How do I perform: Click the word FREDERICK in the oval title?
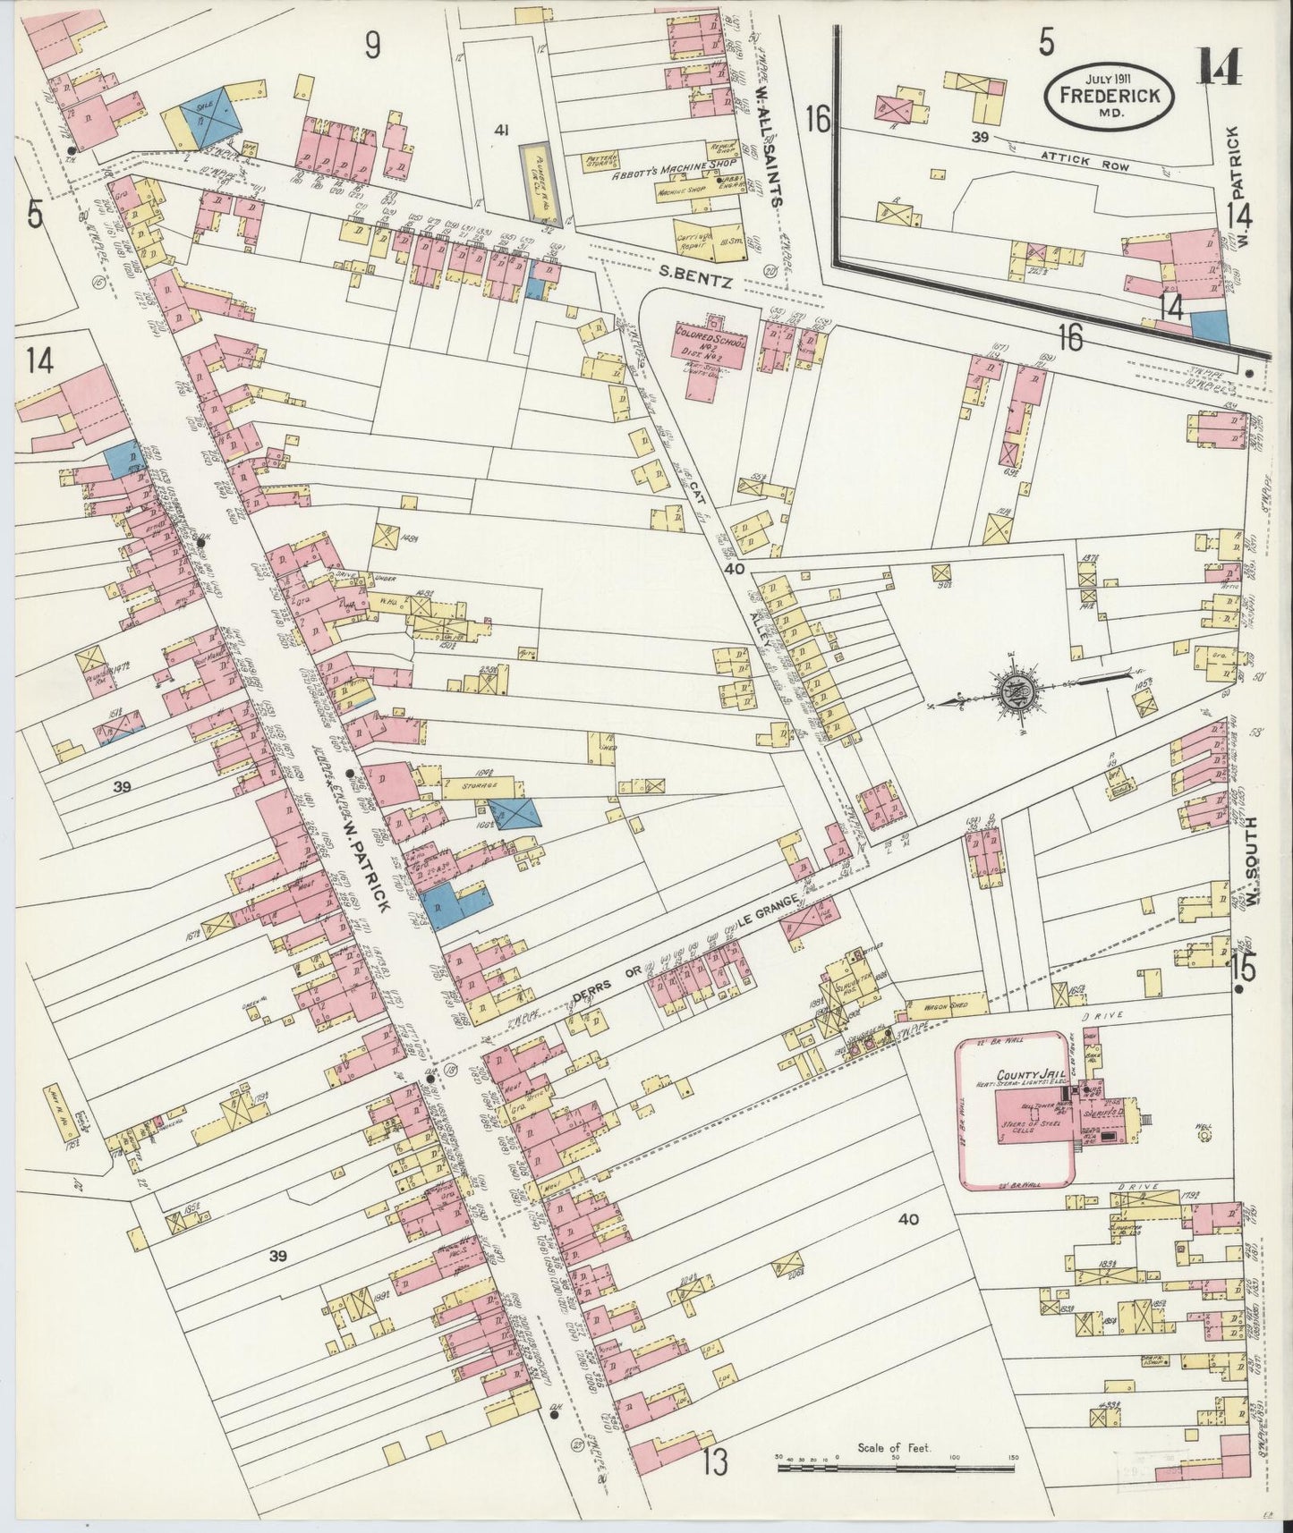(x=1108, y=94)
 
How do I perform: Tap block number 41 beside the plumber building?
(x=501, y=131)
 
